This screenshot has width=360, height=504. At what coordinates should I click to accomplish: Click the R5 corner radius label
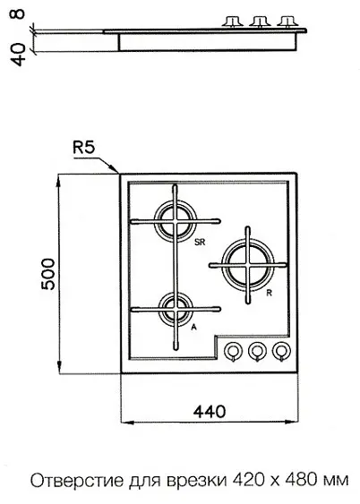[84, 149]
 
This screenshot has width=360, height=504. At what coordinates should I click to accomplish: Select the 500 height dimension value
[48, 274]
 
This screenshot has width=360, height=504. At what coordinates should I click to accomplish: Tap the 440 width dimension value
[210, 412]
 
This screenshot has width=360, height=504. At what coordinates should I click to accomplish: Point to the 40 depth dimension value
[19, 55]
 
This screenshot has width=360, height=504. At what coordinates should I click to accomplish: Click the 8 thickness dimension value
[19, 13]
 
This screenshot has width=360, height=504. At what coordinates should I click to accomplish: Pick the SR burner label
[200, 243]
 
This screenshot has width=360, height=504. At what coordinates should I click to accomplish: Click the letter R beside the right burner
[269, 293]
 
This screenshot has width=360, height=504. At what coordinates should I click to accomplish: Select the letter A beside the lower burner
[193, 328]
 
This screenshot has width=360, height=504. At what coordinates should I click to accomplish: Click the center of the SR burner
[175, 221]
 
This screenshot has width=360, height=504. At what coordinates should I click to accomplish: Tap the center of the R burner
[247, 265]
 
